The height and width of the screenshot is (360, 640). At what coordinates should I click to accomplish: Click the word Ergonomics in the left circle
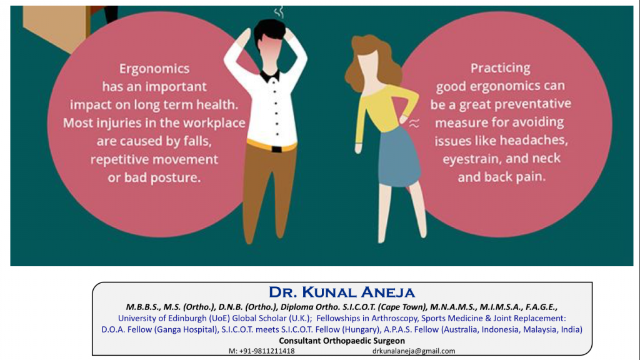[x=154, y=69]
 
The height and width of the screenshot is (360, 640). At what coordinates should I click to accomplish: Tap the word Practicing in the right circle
[x=501, y=67]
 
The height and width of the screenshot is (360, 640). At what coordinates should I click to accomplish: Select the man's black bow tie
[x=270, y=76]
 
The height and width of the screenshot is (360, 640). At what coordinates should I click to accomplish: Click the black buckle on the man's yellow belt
[x=276, y=149]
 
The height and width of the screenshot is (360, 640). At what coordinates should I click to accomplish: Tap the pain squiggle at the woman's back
[x=414, y=123]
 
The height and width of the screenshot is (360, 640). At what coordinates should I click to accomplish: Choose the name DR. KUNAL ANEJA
[x=342, y=292]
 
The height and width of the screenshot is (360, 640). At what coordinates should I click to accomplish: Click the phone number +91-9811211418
[x=266, y=351]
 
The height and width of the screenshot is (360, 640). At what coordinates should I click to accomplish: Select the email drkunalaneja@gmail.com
[x=414, y=351]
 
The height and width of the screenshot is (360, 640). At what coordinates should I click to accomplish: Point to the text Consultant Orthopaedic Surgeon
[x=342, y=341]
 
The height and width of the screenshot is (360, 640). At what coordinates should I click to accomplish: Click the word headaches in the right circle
[x=534, y=141]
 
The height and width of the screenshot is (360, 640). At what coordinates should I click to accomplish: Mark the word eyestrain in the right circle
[x=469, y=159]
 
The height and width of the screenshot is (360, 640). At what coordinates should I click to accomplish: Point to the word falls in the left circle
[x=197, y=141]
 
